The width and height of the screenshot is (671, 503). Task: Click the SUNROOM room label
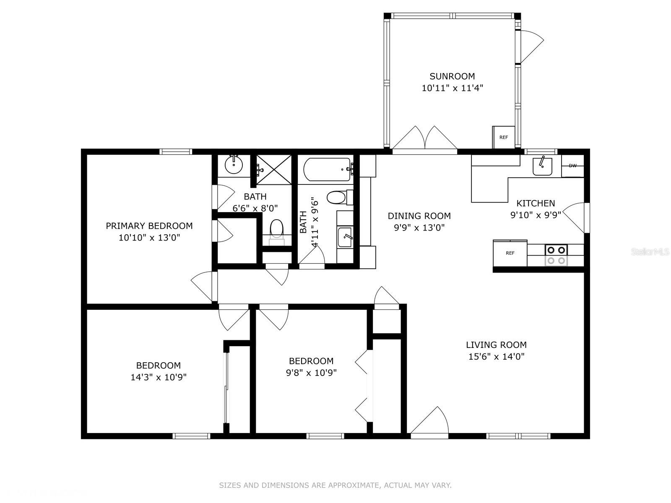pyautogui.click(x=452, y=76)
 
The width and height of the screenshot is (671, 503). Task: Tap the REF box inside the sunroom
pyautogui.click(x=504, y=137)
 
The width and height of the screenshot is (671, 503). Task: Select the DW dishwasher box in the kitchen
pyautogui.click(x=572, y=166)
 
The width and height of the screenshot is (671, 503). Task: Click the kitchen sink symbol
pyautogui.click(x=542, y=166)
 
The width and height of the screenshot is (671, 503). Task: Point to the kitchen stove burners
pyautogui.click(x=556, y=255)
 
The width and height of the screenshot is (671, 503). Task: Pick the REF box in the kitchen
pyautogui.click(x=510, y=253)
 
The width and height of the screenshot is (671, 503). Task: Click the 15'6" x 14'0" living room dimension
pyautogui.click(x=497, y=356)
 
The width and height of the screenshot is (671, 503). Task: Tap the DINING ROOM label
pyautogui.click(x=419, y=216)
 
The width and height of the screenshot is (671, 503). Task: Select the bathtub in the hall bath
pyautogui.click(x=328, y=169)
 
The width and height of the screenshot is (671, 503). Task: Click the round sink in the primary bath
pyautogui.click(x=234, y=165)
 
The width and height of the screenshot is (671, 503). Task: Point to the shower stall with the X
pyautogui.click(x=274, y=169)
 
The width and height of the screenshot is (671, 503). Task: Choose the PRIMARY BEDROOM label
pyautogui.click(x=149, y=226)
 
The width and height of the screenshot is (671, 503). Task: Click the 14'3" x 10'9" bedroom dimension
pyautogui.click(x=159, y=377)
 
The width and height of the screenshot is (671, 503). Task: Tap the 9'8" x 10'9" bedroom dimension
pyautogui.click(x=311, y=373)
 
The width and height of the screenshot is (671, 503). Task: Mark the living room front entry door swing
pyautogui.click(x=429, y=420)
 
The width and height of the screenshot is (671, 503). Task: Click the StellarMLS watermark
pyautogui.click(x=650, y=252)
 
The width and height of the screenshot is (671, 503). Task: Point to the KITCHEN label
pyautogui.click(x=536, y=203)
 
